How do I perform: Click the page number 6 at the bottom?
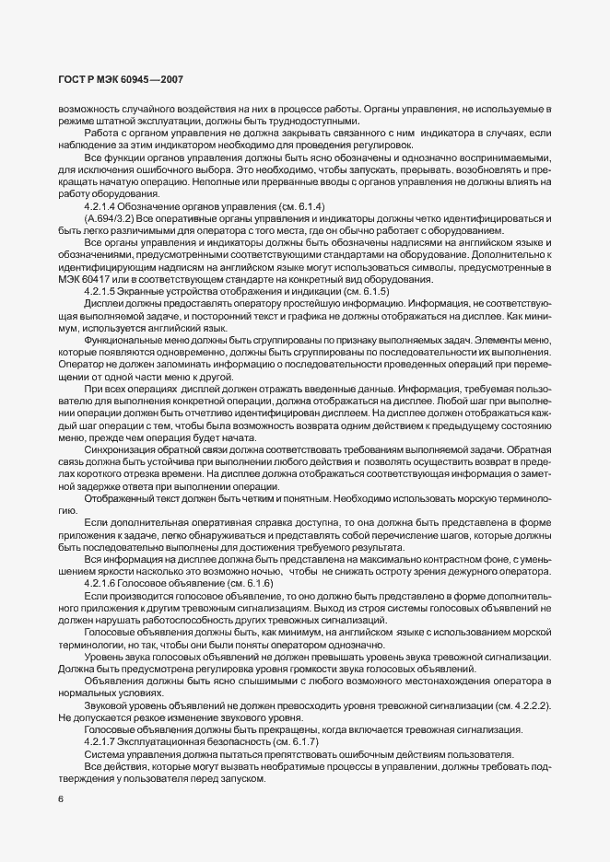click(61, 798)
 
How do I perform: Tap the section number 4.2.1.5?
click(101, 291)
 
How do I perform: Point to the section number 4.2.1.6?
click(101, 584)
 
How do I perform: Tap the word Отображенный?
click(118, 497)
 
